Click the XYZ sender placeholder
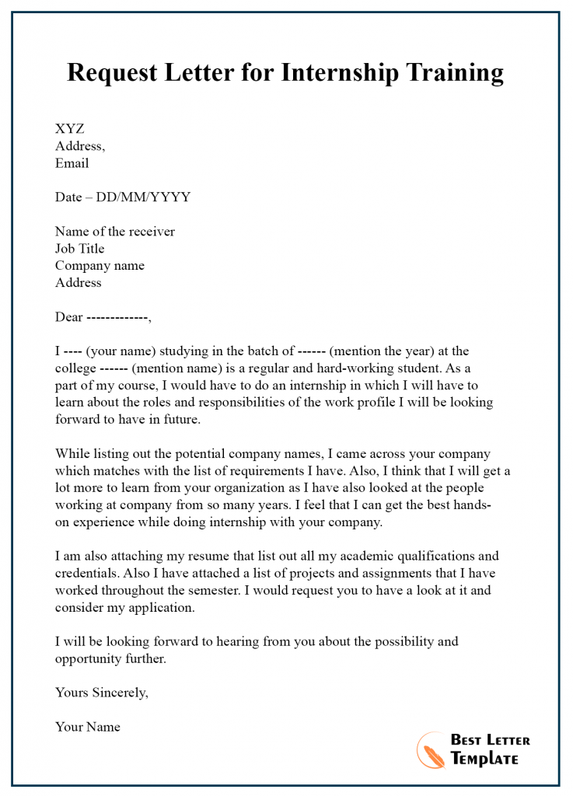point(69,129)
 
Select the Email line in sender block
point(72,163)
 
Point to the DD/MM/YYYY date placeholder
point(143,197)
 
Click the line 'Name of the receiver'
point(115,232)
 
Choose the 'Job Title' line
point(79,249)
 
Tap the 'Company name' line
point(100,266)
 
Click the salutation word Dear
point(68,317)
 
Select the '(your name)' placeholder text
point(121,351)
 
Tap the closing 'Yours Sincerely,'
point(101,693)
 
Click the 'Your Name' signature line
point(87,728)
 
